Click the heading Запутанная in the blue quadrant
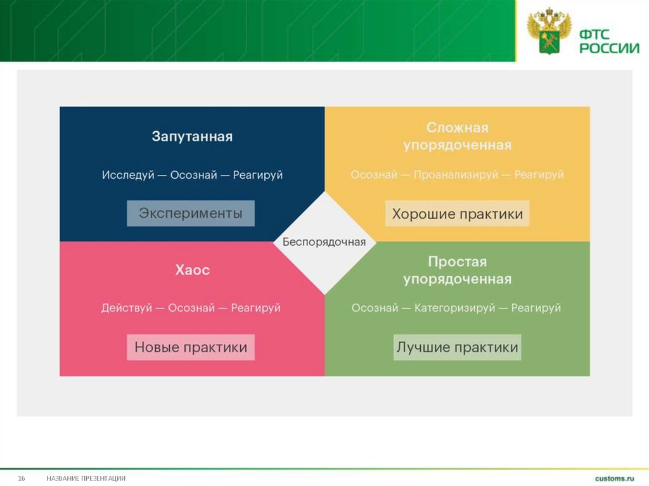pyautogui.click(x=192, y=136)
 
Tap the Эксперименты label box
pyautogui.click(x=191, y=214)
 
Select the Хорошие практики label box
pyautogui.click(x=457, y=214)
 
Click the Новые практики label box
pyautogui.click(x=191, y=348)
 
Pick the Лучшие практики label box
pyautogui.click(x=457, y=347)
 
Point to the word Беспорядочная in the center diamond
pyautogui.click(x=324, y=242)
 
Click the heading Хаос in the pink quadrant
pyautogui.click(x=192, y=270)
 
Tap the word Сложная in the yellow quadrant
pyautogui.click(x=457, y=128)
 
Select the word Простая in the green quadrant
pyautogui.click(x=457, y=262)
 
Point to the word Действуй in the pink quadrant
pyautogui.click(x=127, y=308)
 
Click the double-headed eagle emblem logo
pyautogui.click(x=549, y=30)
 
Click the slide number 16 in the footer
pyautogui.click(x=21, y=478)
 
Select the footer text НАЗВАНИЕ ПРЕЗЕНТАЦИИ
pyautogui.click(x=86, y=478)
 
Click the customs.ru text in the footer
pyautogui.click(x=614, y=478)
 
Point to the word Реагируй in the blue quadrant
pyautogui.click(x=257, y=175)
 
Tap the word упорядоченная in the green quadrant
pyautogui.click(x=457, y=279)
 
